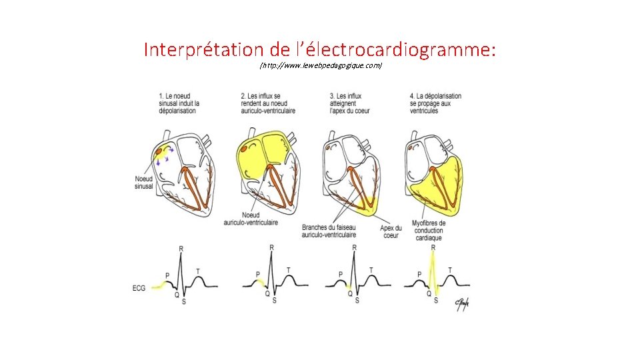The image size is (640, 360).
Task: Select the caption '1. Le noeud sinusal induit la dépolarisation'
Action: (x=179, y=103)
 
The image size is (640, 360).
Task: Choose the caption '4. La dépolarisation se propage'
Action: (x=435, y=103)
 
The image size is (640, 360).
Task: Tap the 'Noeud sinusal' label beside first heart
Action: (x=143, y=183)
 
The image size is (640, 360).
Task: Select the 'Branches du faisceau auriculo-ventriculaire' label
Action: (x=329, y=231)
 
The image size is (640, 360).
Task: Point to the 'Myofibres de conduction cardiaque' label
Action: (x=429, y=231)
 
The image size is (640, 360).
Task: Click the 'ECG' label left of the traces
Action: (x=139, y=288)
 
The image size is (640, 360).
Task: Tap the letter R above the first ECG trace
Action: (x=181, y=249)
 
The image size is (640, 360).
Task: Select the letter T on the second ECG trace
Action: (x=288, y=270)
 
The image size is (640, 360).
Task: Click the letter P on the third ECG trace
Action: (x=340, y=274)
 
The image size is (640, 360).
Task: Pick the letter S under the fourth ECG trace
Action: (x=436, y=301)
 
